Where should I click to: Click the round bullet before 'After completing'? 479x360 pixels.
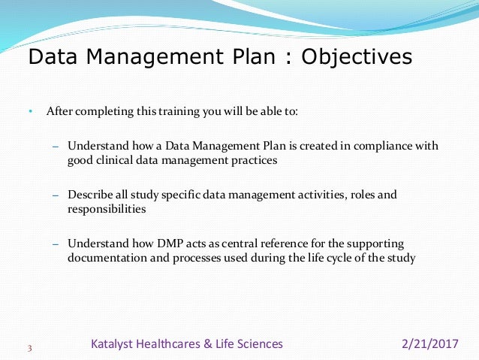(31, 112)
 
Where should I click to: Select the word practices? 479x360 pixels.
(255, 159)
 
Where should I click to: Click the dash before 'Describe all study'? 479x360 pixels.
(55, 195)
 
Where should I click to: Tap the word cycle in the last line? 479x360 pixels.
(344, 259)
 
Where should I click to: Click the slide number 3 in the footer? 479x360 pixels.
(29, 348)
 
